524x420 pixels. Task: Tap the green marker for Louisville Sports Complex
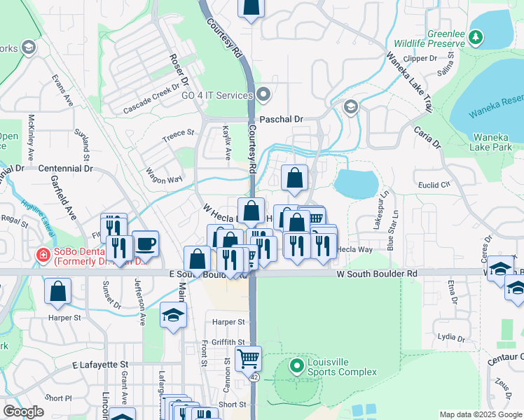[x=297, y=365]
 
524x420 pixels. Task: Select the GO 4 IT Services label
[x=216, y=95]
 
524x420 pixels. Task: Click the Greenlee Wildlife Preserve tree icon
[x=476, y=36]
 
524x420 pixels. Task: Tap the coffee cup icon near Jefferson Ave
[x=146, y=244]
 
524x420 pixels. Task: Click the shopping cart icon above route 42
[x=249, y=359]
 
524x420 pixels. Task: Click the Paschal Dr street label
[x=281, y=120]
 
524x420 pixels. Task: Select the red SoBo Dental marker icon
[x=43, y=256]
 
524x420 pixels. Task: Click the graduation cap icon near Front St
[x=173, y=315]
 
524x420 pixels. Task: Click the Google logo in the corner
[x=23, y=412]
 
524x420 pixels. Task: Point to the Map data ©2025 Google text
[x=481, y=414]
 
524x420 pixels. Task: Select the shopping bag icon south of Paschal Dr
[x=295, y=178]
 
